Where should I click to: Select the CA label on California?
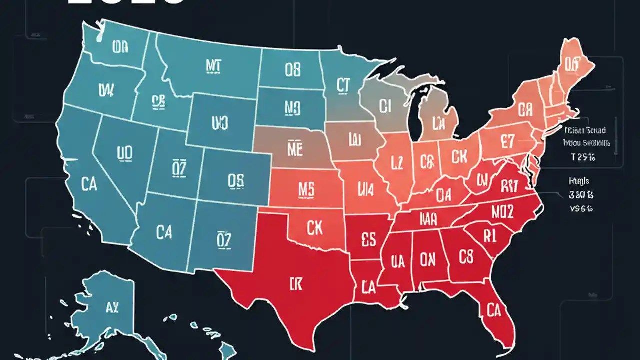click(88, 185)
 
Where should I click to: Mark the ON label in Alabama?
click(427, 259)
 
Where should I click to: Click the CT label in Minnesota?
click(342, 86)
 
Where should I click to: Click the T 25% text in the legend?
click(586, 157)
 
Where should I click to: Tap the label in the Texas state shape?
click(296, 285)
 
